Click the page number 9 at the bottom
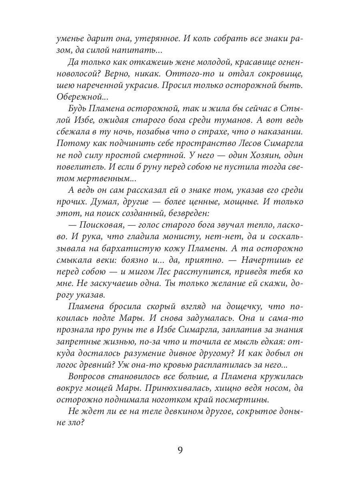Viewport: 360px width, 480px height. (180, 450)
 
